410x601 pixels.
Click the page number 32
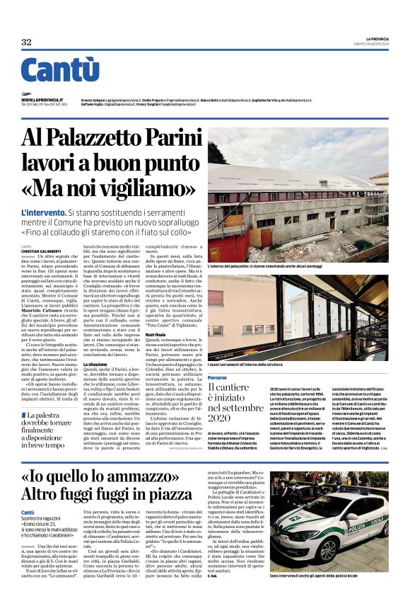coord(26,42)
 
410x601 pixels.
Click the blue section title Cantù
coord(60,70)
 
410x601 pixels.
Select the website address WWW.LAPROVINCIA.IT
coord(42,101)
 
